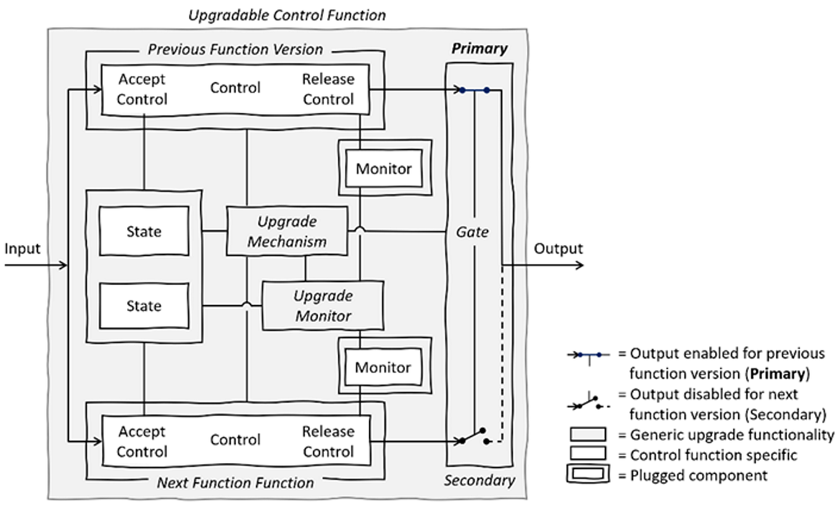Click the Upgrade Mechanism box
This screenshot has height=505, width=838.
coord(287,231)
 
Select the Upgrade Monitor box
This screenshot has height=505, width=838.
coord(323,306)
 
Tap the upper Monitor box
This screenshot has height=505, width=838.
coord(383,169)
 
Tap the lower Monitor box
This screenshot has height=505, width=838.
coord(383,367)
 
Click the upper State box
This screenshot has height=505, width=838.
coord(144,231)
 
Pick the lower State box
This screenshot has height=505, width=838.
coord(144,306)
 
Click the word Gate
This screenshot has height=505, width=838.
coord(472,232)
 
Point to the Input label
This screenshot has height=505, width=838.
coord(22,249)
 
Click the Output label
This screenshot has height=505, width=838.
coord(558,249)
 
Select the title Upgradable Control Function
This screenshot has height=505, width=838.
coord(287,15)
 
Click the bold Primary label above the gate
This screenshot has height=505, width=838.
coord(479,49)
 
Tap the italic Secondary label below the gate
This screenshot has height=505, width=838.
coord(479,480)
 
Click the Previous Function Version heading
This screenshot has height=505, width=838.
coord(235,49)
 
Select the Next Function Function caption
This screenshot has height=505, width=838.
coord(235,482)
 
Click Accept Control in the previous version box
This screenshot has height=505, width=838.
coord(142,89)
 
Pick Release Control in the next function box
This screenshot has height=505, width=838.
coord(328,441)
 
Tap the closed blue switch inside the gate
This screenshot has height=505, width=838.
coord(474,90)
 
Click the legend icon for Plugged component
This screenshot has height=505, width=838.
coord(587,475)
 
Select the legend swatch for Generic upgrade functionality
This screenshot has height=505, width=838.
coord(587,435)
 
